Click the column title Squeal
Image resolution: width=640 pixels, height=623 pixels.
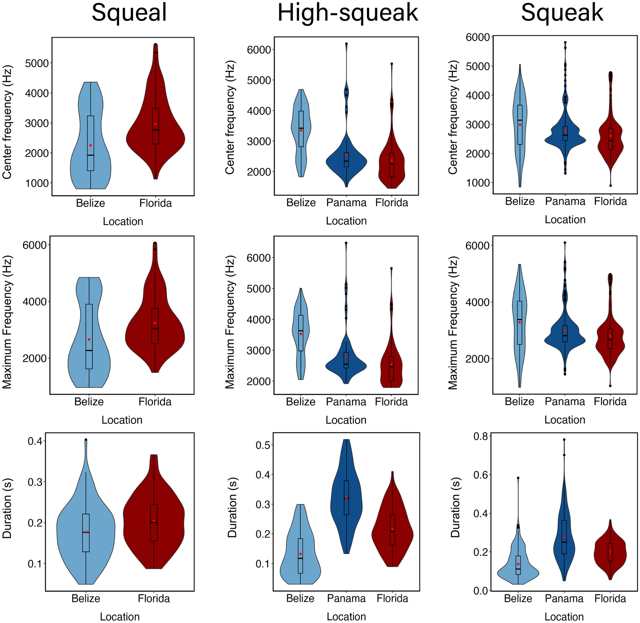coord(129,13)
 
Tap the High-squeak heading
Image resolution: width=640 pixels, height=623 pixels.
coord(347,13)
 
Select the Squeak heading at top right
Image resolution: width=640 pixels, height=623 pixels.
coord(562,13)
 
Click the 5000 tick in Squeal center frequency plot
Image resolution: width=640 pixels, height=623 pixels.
coord(37,63)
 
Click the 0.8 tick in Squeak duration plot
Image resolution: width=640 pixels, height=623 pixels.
coord(480,436)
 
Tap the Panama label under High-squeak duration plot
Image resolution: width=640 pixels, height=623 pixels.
coord(346,598)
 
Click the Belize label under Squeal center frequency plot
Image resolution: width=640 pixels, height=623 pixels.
coord(90,203)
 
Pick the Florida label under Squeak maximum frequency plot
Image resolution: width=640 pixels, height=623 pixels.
coord(610,402)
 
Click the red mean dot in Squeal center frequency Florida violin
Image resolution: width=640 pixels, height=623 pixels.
coord(155,124)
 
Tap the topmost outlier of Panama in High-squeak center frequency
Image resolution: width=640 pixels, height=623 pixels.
coord(346,44)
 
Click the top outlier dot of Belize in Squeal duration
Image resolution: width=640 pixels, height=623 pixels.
coord(86,440)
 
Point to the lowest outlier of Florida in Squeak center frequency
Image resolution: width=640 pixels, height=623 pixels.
coord(610,186)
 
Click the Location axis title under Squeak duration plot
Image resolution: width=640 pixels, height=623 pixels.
coord(564,616)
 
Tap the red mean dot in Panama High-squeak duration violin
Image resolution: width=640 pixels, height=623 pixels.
coord(346,498)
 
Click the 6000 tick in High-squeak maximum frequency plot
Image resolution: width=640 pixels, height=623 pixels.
coord(258,258)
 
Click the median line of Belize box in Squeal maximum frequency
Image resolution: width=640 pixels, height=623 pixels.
coord(89,350)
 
